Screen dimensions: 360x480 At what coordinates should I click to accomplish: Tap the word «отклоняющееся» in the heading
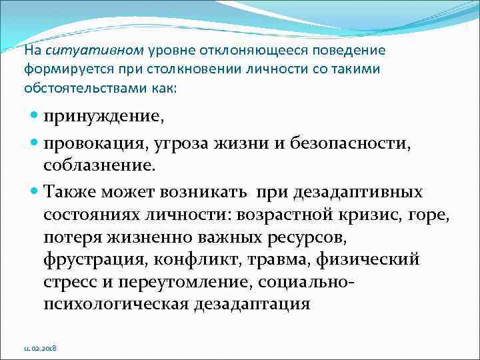pyautogui.click(x=229, y=51)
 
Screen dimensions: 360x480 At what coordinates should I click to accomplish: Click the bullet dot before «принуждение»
pyautogui.click(x=35, y=118)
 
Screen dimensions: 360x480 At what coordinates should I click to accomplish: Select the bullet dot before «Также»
pyautogui.click(x=35, y=193)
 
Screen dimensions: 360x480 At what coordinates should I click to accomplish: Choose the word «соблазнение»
pyautogui.click(x=97, y=164)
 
